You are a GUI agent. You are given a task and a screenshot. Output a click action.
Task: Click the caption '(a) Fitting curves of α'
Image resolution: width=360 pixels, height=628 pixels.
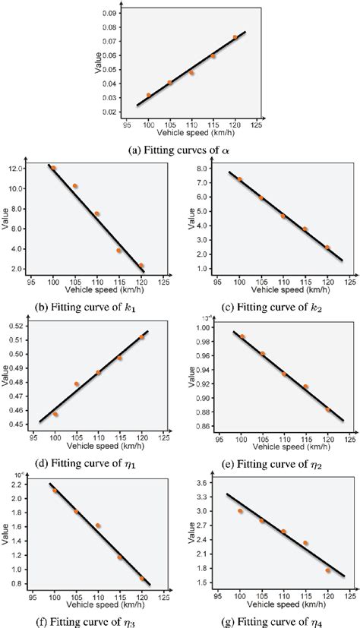(179, 148)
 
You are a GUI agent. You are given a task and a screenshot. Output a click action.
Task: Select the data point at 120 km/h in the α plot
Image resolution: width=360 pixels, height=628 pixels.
(235, 36)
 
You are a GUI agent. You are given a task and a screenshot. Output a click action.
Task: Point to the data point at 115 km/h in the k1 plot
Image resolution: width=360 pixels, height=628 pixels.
(118, 250)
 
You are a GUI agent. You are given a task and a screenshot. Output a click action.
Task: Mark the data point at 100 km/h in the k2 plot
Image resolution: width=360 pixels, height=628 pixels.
(240, 179)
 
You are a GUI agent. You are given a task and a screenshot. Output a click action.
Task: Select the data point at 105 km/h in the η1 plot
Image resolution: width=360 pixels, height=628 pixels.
(77, 384)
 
